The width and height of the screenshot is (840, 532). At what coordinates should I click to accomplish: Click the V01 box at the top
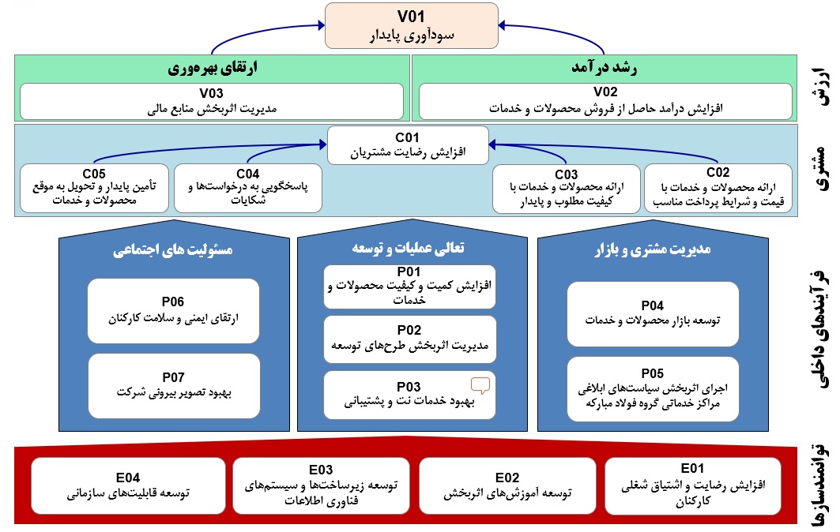(x=412, y=24)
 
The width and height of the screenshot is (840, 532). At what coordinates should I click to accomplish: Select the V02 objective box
(x=606, y=100)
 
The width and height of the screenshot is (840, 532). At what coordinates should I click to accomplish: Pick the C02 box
(x=718, y=188)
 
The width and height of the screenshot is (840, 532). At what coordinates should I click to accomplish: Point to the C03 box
(x=566, y=188)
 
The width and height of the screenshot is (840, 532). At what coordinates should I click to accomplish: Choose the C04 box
(x=247, y=188)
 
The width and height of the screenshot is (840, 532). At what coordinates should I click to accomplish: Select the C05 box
(x=94, y=188)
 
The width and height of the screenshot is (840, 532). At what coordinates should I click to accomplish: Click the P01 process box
(x=409, y=287)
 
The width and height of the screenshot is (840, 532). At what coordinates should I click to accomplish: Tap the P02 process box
(x=409, y=338)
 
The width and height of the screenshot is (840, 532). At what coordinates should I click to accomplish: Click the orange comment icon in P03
(x=480, y=385)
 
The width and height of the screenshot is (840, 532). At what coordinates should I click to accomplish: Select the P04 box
(x=653, y=313)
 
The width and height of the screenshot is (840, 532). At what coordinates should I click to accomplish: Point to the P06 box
(x=173, y=310)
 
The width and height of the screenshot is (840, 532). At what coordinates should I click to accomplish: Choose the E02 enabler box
(x=507, y=485)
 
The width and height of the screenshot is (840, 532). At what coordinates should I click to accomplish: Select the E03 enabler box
(x=321, y=484)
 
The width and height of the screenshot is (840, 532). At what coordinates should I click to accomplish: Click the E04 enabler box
(x=127, y=485)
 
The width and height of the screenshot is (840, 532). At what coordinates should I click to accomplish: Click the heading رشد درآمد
(x=606, y=68)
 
